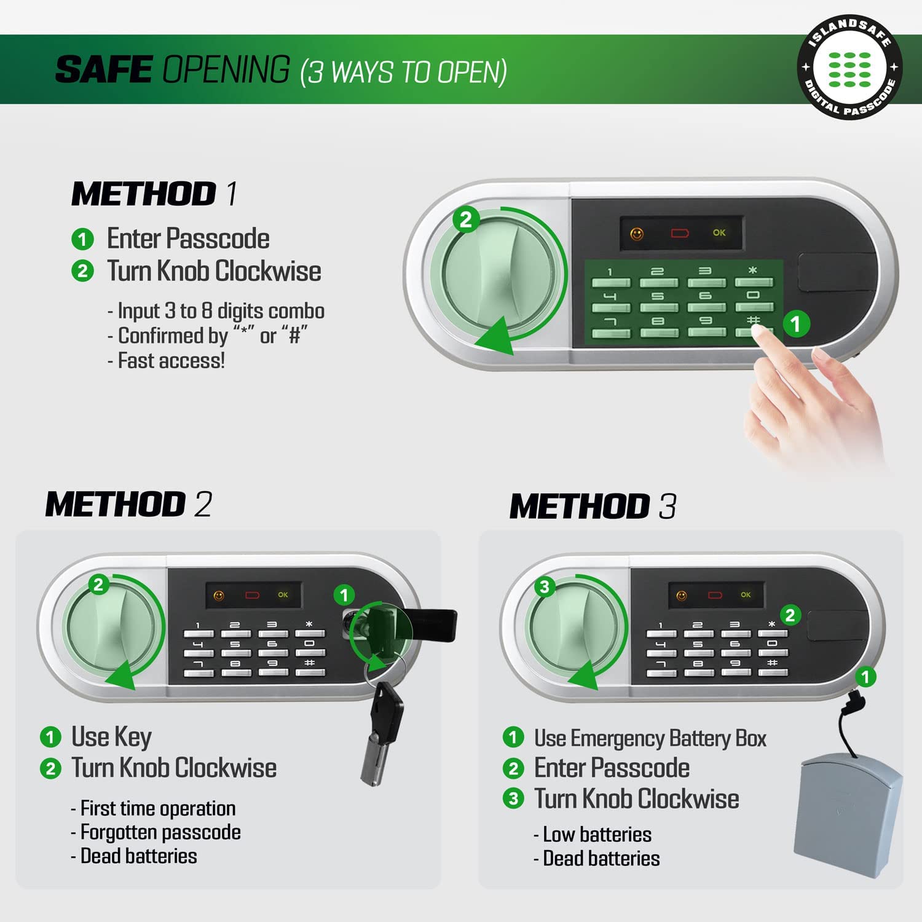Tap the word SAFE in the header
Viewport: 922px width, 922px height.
coord(104,69)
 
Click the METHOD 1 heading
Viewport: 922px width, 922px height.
coord(154,194)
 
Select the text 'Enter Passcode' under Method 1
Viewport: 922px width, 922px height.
coord(188,238)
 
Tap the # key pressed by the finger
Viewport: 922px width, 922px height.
coord(754,327)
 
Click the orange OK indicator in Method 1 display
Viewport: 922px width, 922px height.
coord(719,233)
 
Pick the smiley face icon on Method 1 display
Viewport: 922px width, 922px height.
coord(637,234)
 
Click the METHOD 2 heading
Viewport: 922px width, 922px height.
coord(128,504)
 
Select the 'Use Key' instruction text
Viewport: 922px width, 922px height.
coord(111,736)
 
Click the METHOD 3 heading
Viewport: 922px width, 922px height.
coord(593,506)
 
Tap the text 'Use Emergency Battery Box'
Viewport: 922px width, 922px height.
coord(650,738)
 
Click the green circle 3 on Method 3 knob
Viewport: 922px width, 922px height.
coord(544,587)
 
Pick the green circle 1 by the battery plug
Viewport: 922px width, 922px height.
coord(865,677)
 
